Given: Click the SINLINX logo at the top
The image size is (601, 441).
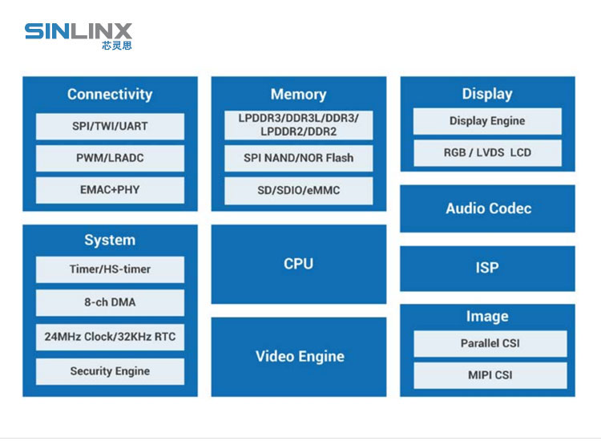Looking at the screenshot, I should (78, 34).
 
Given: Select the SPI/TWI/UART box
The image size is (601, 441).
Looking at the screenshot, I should (110, 126).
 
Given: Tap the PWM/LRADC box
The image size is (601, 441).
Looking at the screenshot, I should (110, 158).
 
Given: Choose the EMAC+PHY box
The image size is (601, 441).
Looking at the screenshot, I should (110, 190).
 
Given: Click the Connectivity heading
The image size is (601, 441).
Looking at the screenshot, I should (110, 95).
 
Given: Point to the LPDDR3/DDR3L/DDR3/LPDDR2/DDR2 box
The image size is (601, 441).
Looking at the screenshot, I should (298, 124).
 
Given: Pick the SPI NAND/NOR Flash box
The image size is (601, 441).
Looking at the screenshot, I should (298, 158).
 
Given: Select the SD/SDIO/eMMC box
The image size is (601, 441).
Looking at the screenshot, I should (298, 191).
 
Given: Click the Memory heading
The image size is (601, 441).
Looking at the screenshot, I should (298, 95).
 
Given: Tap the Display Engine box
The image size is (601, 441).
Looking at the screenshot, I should (487, 121).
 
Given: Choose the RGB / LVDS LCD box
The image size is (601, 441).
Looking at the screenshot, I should (487, 152).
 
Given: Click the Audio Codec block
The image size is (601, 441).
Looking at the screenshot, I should (487, 208).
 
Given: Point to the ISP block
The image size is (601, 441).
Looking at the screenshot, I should (487, 268).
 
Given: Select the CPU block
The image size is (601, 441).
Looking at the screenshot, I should (298, 264).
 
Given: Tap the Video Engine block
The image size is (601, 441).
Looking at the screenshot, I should (298, 357).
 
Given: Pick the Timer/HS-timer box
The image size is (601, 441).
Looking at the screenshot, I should (110, 269).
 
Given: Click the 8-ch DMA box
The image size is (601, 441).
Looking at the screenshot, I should (110, 302).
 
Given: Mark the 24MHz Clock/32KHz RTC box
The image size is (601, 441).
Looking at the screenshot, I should (110, 337).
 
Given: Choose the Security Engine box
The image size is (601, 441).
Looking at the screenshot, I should (110, 371).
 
